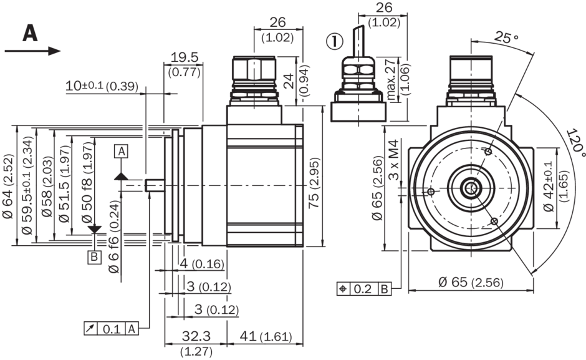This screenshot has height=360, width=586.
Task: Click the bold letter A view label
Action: pyautogui.click(x=30, y=32)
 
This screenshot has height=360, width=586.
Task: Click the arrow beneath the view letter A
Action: pyautogui.click(x=32, y=51)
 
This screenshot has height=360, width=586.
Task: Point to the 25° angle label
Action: pyautogui.click(x=506, y=37)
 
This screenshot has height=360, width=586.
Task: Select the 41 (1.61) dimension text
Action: pyautogui.click(x=265, y=338)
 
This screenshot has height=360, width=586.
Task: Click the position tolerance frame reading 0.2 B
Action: pyautogui.click(x=365, y=289)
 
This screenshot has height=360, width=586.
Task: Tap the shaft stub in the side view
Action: pyautogui.click(x=155, y=186)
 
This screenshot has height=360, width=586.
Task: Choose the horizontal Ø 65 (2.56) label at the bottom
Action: pyautogui.click(x=471, y=282)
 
